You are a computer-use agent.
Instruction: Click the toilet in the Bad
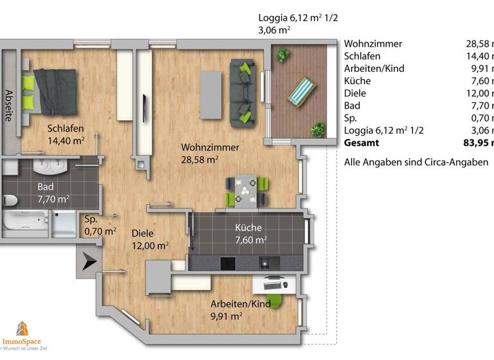(9, 199)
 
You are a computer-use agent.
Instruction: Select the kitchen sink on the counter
(267, 263)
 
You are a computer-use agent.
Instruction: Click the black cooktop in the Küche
(228, 263)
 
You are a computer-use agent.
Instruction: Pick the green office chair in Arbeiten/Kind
(274, 300)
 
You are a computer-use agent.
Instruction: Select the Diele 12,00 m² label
(150, 239)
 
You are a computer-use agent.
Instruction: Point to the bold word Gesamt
(361, 143)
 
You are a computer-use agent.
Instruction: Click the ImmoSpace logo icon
(22, 328)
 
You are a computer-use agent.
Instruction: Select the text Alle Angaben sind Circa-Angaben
(416, 162)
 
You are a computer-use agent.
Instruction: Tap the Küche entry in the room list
(357, 80)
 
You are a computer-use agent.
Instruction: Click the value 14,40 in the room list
(479, 56)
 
